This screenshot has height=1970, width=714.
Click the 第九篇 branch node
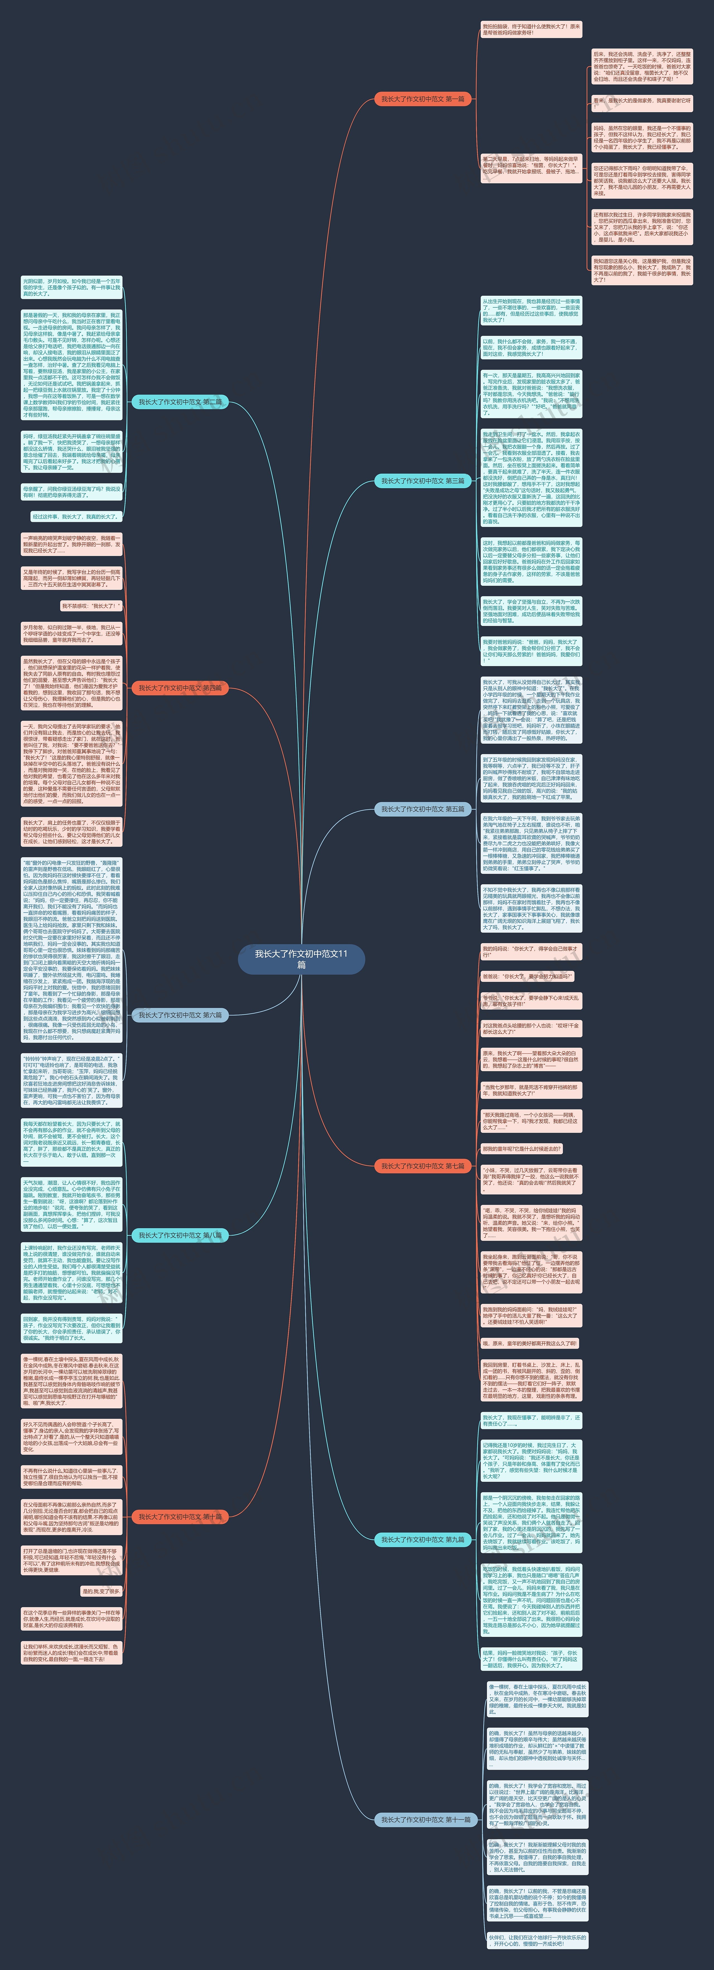[423, 1540]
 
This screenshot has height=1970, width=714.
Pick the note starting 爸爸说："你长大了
[527, 977]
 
